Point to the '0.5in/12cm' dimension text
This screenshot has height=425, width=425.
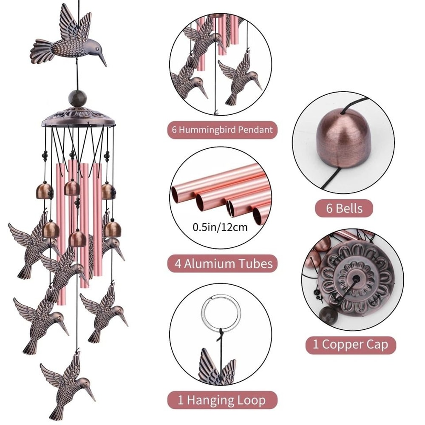coord(220,227)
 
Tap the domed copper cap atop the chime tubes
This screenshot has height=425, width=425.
coord(79,118)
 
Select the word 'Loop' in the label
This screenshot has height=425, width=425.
coord(250,400)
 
